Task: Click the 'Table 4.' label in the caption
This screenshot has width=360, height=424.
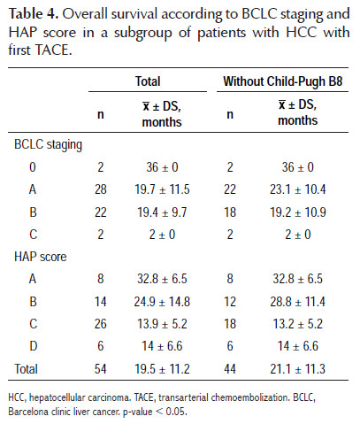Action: coord(34,14)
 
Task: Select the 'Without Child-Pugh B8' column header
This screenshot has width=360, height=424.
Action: coord(283,81)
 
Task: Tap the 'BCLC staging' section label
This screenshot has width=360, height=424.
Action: coord(49,145)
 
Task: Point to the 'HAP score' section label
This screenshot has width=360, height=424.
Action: coord(41,257)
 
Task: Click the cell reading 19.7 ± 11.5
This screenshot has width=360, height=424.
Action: coord(162,189)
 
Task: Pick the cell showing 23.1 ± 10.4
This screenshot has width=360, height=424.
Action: coord(298,189)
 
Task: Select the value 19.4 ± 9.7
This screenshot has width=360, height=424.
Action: coord(162,212)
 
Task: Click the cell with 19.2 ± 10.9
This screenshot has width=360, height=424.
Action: coord(298,212)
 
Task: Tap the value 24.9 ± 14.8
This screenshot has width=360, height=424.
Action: coord(162,302)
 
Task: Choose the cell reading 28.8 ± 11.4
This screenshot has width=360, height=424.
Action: coord(298,302)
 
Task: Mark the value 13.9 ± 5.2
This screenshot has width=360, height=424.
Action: coord(162,324)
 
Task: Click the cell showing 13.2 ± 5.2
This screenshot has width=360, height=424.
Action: coord(298,324)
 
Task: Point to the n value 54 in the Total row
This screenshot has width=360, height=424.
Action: coord(101,369)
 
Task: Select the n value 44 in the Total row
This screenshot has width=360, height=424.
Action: coord(230,369)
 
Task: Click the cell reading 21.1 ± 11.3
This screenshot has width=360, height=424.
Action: coord(298,369)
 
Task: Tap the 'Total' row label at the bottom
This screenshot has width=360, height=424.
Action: coord(26,369)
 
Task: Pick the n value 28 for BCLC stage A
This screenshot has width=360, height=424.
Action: coord(101,189)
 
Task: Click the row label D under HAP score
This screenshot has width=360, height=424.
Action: coord(33,346)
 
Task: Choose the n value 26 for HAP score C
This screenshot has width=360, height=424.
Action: coord(101,324)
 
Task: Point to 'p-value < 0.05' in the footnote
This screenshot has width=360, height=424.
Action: coord(155,412)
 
